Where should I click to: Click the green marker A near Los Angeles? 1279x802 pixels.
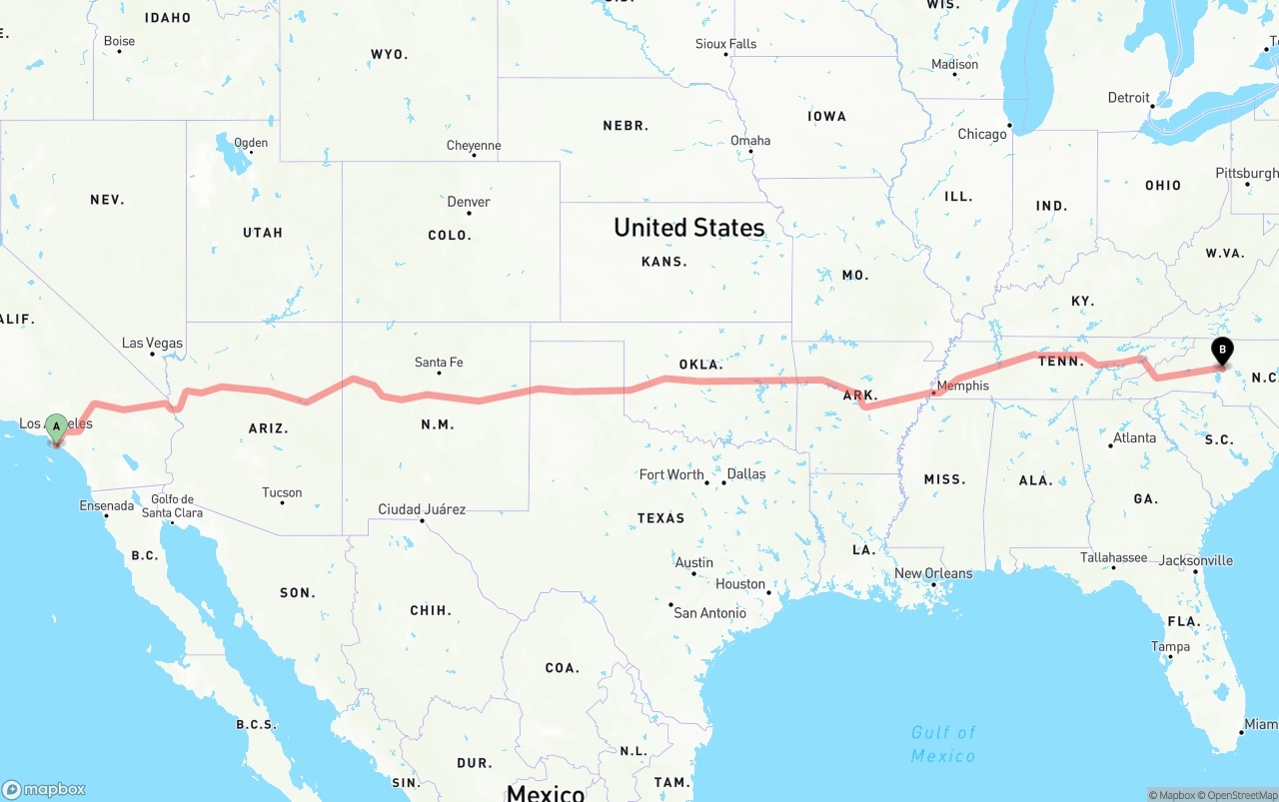56,427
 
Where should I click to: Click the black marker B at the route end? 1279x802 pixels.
1221,352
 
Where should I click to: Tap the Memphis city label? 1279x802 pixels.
963,386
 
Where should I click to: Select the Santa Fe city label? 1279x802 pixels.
439,363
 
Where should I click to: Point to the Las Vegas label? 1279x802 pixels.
152,343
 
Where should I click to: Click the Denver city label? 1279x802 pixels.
469,202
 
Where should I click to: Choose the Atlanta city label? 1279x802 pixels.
1134,437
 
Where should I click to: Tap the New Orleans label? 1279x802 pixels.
932,573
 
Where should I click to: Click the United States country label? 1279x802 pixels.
688,228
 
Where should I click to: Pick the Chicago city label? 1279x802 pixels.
982,134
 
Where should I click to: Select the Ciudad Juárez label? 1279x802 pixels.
422,509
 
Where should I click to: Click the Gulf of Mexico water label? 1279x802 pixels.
943,744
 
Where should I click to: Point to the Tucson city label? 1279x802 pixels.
282,492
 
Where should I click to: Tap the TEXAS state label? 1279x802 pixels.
660,518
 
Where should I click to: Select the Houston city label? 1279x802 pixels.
740,584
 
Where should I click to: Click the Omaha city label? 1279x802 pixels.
750,141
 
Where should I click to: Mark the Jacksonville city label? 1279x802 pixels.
1195,560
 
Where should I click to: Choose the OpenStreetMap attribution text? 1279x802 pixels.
1240,795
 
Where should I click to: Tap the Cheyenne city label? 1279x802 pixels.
474,146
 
